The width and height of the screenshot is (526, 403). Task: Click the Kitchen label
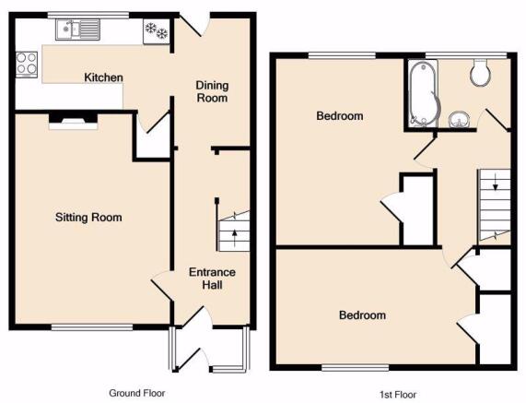point(103,77)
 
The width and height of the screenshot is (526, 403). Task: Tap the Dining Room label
point(212,91)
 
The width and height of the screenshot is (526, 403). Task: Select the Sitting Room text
point(88,218)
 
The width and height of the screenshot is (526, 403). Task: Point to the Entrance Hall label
point(212,279)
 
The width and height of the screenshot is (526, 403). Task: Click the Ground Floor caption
point(137,393)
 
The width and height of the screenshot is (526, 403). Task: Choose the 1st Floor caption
point(398,395)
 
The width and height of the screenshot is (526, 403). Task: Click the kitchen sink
point(77,30)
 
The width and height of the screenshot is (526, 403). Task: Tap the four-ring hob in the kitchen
point(27,65)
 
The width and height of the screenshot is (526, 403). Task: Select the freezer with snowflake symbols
point(157,31)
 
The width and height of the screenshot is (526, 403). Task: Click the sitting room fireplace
point(74,122)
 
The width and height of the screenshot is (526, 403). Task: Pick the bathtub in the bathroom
point(423,94)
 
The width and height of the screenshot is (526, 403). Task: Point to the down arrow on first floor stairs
point(495,183)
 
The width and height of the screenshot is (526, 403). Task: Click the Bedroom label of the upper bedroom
point(340,116)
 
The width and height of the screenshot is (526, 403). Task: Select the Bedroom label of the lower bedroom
point(362,315)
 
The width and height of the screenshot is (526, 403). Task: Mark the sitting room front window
point(92,327)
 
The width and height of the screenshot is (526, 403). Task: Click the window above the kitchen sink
point(88,15)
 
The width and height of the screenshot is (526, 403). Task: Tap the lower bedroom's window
point(356,368)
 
